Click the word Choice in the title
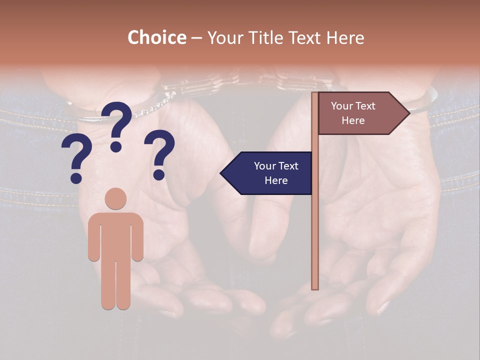156,38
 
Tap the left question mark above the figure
76,160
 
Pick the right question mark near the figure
160,154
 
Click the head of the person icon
115,198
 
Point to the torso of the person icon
115,235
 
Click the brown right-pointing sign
360,113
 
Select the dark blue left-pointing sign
270,173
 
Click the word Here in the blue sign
276,180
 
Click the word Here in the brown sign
353,120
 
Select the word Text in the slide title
301,38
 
